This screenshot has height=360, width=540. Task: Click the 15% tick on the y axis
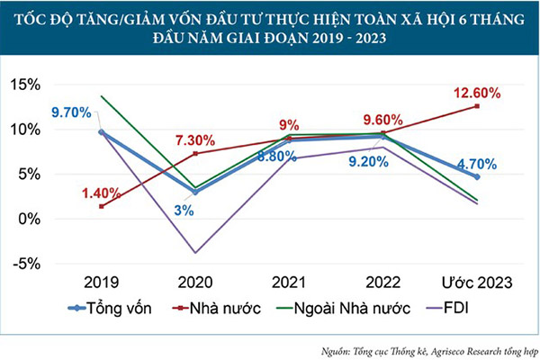point(46,85)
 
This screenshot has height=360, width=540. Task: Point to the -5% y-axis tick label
point(46,264)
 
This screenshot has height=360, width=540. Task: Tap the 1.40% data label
point(102,193)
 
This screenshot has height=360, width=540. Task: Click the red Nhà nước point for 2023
point(477,106)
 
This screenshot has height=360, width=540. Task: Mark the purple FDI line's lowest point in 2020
point(194,253)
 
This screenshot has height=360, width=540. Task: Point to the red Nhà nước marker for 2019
point(101,206)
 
